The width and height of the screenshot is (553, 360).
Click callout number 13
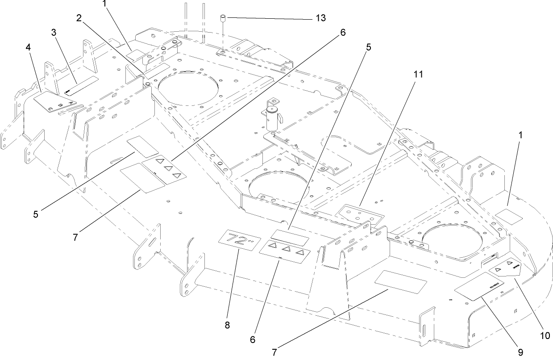tap(320, 18)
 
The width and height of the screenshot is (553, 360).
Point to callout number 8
tap(227, 325)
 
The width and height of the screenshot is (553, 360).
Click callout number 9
tap(520, 352)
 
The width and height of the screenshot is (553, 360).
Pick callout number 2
tap(79, 18)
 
